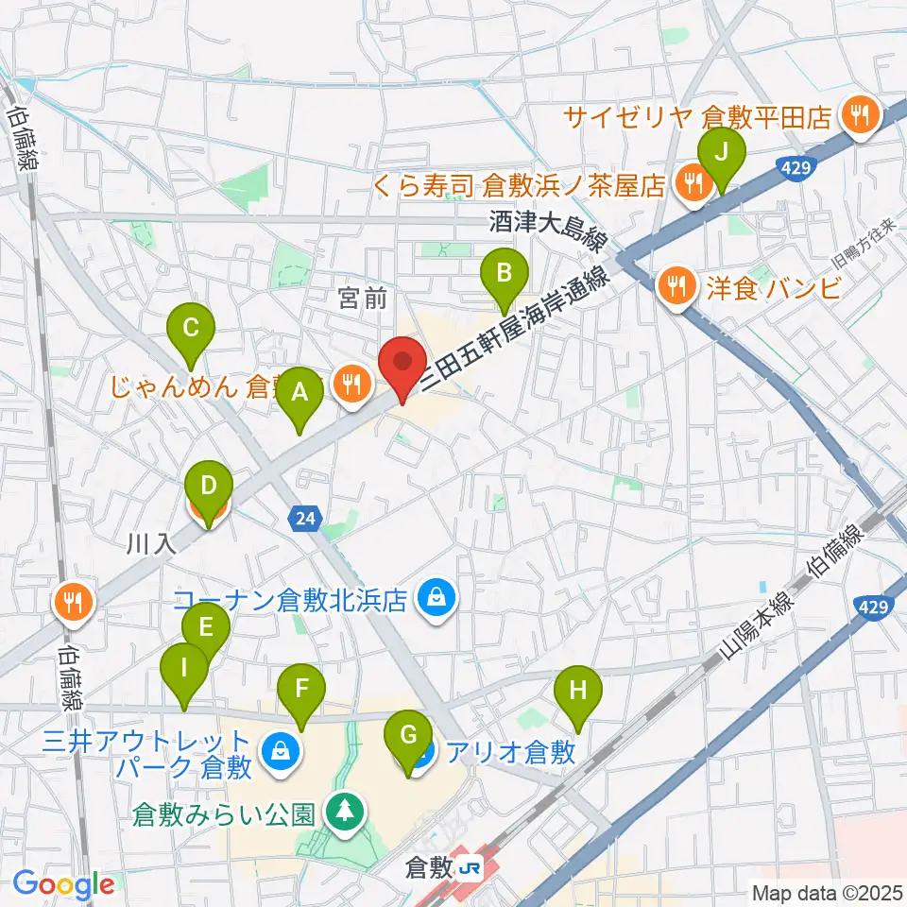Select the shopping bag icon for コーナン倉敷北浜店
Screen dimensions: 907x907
(x=436, y=597)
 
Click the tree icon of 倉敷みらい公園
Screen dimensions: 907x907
(x=342, y=810)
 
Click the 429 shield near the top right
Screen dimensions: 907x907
(x=795, y=166)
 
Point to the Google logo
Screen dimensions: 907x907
(x=63, y=884)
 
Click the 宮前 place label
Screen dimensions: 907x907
(x=363, y=299)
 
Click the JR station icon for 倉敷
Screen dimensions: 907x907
(x=469, y=866)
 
